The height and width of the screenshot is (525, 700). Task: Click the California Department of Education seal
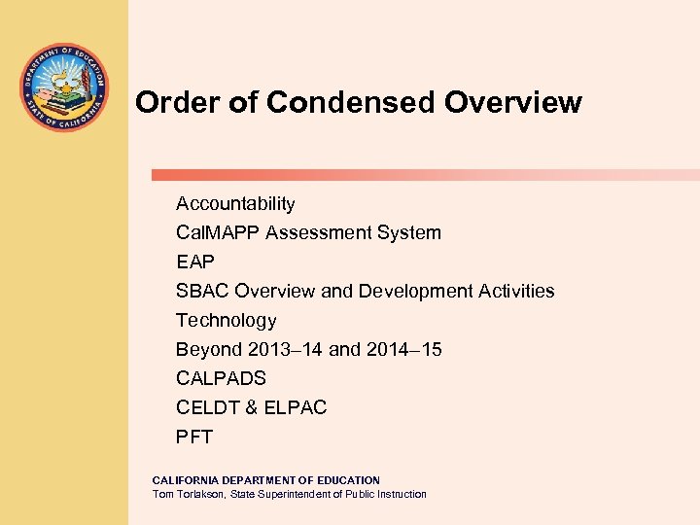tap(64, 87)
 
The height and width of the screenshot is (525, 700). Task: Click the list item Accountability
tap(235, 204)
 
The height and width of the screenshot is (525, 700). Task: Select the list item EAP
tap(194, 262)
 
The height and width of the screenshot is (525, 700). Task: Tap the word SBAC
tap(202, 292)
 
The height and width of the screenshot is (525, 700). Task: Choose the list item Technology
tap(226, 321)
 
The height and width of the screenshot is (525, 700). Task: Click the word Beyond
tap(207, 350)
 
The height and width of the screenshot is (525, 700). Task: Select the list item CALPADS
tap(221, 379)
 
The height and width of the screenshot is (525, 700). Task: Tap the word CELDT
tap(204, 408)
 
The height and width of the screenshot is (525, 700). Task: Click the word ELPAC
tap(297, 408)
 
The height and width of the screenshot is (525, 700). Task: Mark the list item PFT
tap(193, 437)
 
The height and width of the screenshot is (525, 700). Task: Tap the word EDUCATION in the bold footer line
tap(340, 480)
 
